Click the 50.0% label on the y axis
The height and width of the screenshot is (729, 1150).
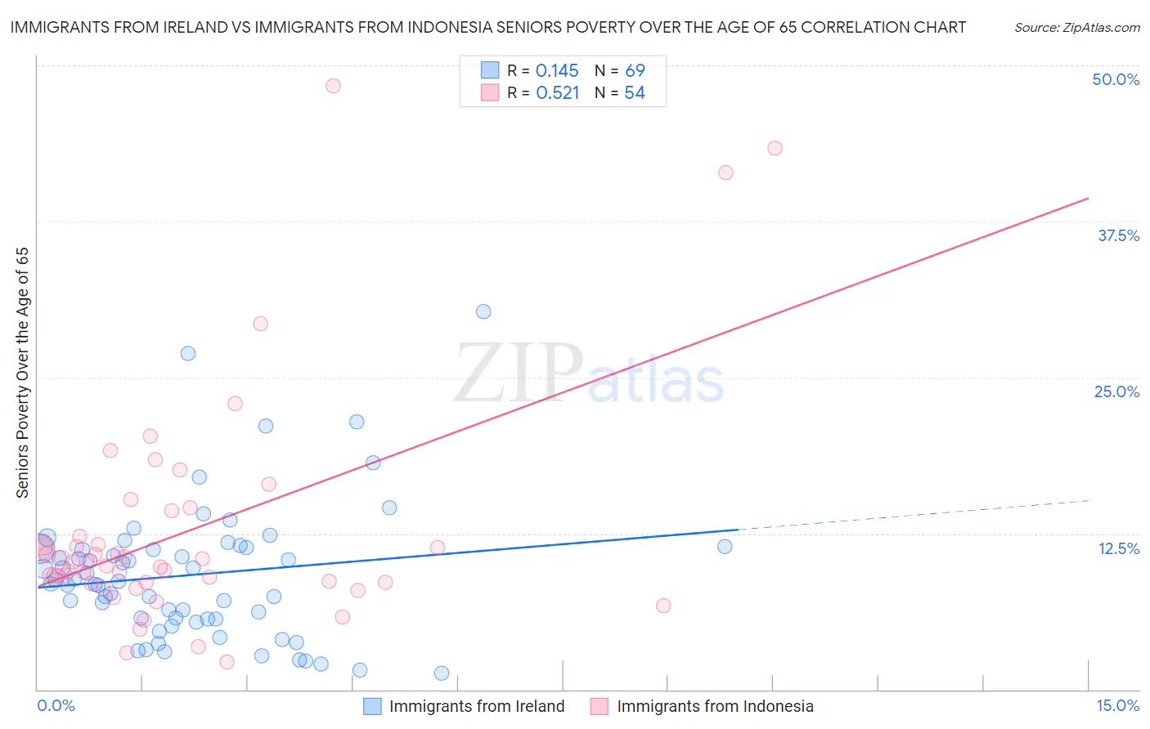(1116, 79)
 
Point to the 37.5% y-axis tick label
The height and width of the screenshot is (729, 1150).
(1118, 235)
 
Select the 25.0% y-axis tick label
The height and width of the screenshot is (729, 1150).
(1116, 391)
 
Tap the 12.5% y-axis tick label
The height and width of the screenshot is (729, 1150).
(1118, 548)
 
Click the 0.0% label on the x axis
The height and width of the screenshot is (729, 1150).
(56, 706)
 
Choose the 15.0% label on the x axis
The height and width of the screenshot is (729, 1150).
(1117, 706)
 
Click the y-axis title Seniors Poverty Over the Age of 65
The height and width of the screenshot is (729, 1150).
(22, 372)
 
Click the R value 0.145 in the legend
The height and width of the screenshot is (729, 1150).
(557, 71)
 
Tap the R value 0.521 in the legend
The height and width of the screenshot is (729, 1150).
(557, 93)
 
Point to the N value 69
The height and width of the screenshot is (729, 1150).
(635, 71)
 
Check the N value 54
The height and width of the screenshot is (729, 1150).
(635, 93)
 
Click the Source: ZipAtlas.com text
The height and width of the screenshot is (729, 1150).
(1076, 28)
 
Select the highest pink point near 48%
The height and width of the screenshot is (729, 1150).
(333, 86)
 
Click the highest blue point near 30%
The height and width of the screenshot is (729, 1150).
(483, 311)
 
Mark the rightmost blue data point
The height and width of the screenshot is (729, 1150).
(725, 547)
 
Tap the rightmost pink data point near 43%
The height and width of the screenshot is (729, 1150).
(775, 148)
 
